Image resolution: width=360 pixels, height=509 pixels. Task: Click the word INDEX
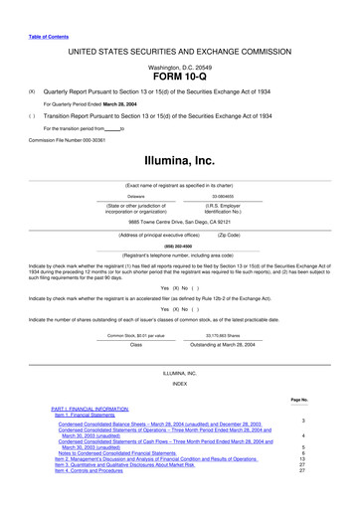click(180, 383)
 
